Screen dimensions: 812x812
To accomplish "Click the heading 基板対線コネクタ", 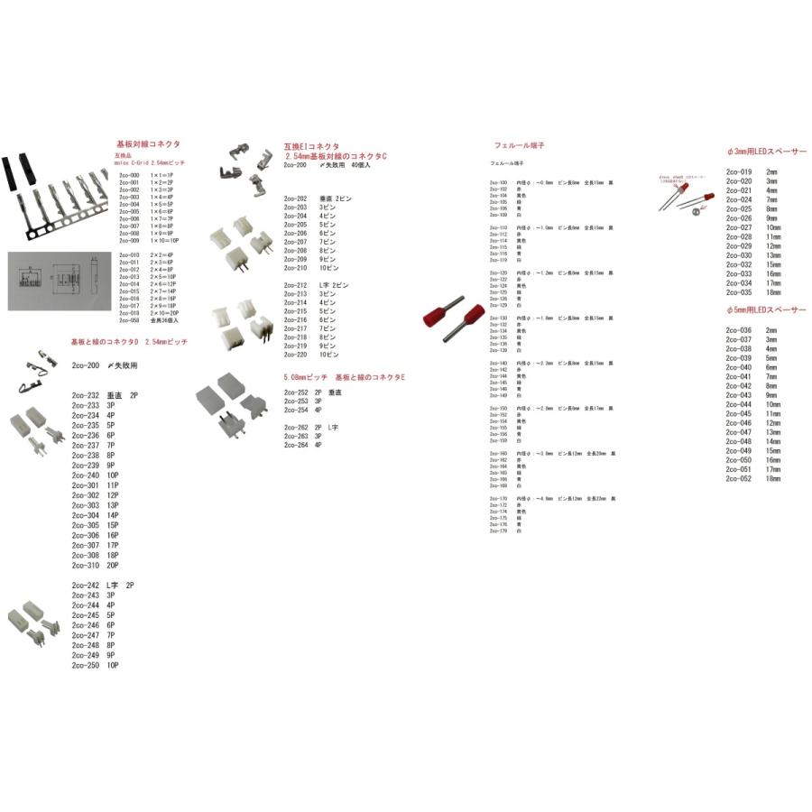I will [148, 144].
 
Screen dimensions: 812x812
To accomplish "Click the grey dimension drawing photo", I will [53, 281].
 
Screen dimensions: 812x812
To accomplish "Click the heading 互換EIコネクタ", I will [311, 145].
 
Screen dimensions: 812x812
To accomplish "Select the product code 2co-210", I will [296, 268].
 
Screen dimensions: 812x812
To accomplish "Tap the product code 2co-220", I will [296, 355].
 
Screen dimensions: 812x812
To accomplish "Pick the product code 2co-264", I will [296, 445].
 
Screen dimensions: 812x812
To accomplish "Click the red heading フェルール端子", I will [520, 145].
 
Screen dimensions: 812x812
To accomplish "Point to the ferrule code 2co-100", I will [497, 182].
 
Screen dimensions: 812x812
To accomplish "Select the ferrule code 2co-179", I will [497, 531].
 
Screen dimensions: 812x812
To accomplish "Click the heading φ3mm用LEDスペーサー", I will [766, 152].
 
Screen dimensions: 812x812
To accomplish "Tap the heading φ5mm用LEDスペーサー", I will [766, 310].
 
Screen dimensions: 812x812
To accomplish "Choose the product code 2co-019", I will [739, 171].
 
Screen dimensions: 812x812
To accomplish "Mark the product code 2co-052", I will [739, 479].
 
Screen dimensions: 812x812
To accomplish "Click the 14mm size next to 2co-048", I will [772, 441].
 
